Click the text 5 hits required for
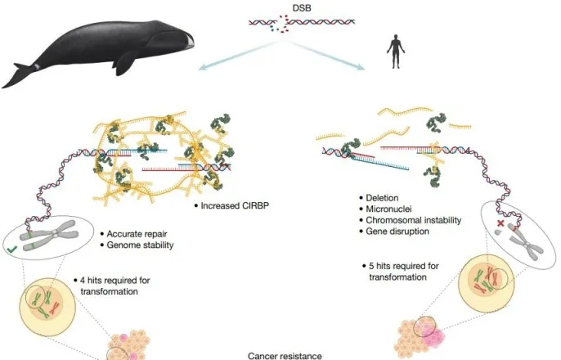404,266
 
